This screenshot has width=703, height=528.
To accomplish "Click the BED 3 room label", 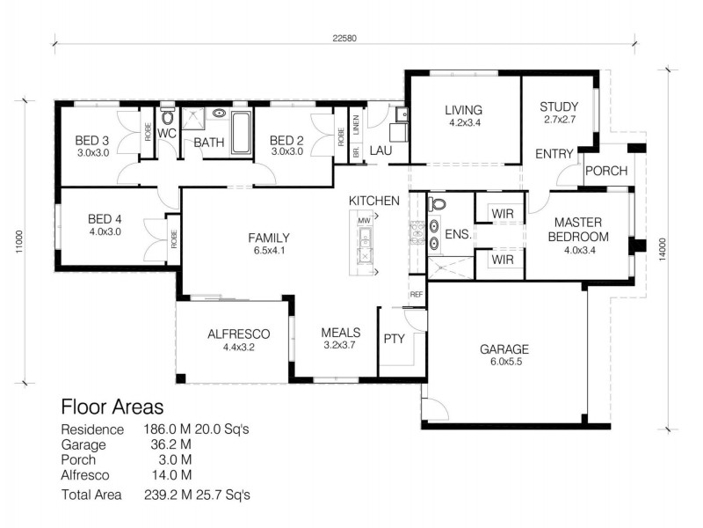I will pos(91,140).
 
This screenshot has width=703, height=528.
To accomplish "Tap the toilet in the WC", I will pos(168,119).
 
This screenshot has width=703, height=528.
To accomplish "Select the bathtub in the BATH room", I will pos(241,133).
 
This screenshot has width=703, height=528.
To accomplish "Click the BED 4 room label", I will pos(104,220).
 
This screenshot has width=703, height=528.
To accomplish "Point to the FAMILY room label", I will pos(269,238).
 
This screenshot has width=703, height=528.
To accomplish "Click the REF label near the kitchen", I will pos(417,295).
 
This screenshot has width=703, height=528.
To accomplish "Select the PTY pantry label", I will pos(393,338).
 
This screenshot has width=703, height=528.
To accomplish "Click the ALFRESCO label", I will pos(238,334).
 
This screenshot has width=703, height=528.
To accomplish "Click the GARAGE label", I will pos(504,349).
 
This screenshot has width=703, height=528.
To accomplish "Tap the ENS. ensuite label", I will pos(458,236).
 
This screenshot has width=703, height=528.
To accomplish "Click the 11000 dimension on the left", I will pos(19,240).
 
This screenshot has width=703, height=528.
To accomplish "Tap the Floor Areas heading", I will pos(112,407).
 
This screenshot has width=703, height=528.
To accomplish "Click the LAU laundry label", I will pos(380,151).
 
